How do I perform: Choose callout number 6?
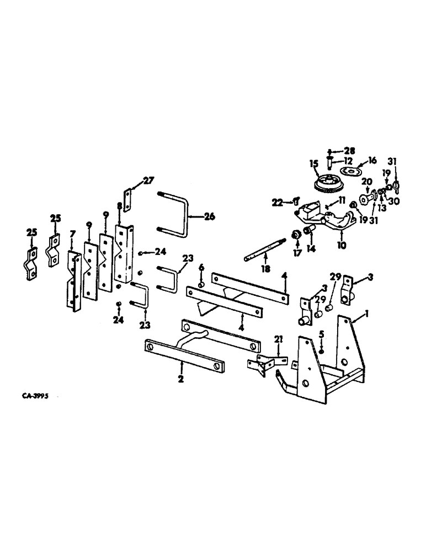pos(201,267)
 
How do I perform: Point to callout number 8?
pos(120,205)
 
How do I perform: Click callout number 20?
pos(366,182)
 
